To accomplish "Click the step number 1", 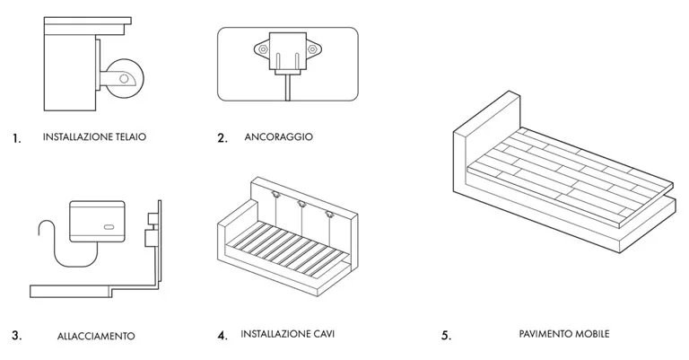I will [x=16, y=139].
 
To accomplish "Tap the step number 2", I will [x=222, y=138].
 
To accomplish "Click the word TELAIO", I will [x=128, y=137].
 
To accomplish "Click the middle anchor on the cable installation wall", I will [x=301, y=206].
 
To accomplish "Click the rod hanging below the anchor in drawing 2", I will [x=285, y=88].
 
